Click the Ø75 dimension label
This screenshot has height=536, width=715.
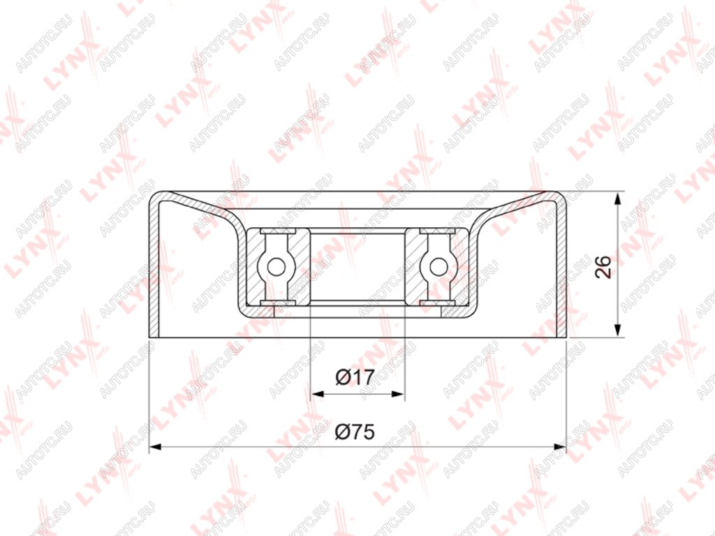[355, 431]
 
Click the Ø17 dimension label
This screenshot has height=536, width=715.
[355, 377]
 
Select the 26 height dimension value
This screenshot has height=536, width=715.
[603, 267]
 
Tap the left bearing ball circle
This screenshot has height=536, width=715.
[276, 267]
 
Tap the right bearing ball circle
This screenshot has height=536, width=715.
[438, 267]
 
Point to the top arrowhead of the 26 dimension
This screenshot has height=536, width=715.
[617, 199]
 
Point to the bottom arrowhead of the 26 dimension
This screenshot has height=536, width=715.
[617, 331]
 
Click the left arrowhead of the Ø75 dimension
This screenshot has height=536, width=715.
[156, 446]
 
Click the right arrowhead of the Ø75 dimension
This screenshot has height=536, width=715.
[559, 446]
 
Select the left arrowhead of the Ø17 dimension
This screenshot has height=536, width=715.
[317, 393]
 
